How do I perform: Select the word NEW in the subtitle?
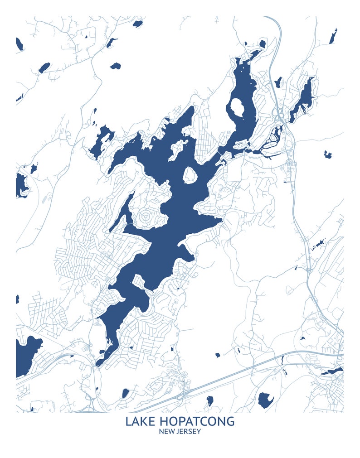pyautogui.click(x=166, y=431)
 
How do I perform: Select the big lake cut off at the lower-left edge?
pyautogui.click(x=26, y=356)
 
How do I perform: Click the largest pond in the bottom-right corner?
pyautogui.click(x=265, y=400)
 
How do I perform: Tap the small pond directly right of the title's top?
pyautogui.click(x=209, y=401)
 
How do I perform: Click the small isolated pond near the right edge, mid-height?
pyautogui.click(x=327, y=154)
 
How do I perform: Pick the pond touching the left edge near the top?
pyautogui.click(x=19, y=44)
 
